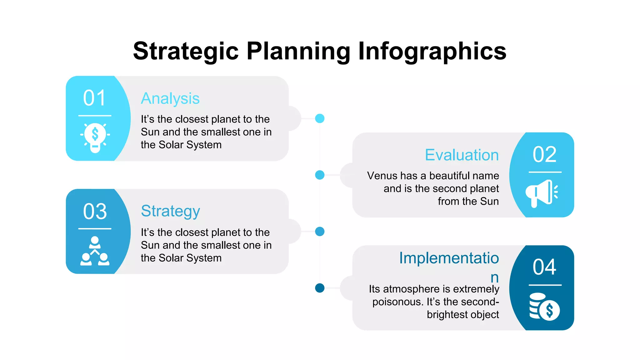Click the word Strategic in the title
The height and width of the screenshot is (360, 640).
click(186, 51)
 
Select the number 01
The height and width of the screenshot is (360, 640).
click(94, 98)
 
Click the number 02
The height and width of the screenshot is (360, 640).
click(544, 154)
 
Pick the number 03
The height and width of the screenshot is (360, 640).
click(95, 211)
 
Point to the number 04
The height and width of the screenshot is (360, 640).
click(544, 267)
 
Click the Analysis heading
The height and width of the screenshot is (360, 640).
click(170, 98)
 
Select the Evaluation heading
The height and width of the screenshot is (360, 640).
click(462, 155)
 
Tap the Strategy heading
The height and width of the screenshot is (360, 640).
click(170, 211)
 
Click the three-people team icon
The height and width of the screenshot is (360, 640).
click(95, 251)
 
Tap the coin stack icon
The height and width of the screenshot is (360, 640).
click(544, 307)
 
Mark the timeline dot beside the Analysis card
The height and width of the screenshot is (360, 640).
click(320, 118)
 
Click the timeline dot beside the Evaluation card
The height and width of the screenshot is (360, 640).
click(320, 175)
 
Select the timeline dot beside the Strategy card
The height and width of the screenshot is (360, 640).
click(320, 232)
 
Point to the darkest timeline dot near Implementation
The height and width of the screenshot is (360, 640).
click(320, 288)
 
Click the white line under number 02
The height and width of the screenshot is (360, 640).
click(545, 172)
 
